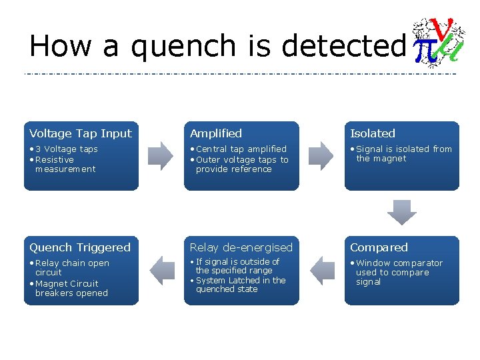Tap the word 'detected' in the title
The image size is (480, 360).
coord(343,47)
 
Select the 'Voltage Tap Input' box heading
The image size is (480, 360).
coord(81,133)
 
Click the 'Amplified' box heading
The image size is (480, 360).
coord(216,133)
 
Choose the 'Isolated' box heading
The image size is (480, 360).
coord(373,133)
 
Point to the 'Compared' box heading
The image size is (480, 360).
coord(379,247)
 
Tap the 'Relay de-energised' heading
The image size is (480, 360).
coord(241,247)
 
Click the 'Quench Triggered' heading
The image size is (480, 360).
coord(80,247)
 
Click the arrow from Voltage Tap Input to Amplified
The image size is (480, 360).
coord(161,156)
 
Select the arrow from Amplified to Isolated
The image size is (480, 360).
coord(321,156)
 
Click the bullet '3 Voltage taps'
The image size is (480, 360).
coord(66,149)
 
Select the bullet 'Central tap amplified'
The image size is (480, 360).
coord(241,149)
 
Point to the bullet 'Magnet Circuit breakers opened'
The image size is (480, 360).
coord(70,288)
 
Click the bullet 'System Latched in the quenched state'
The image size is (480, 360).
coord(240,285)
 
